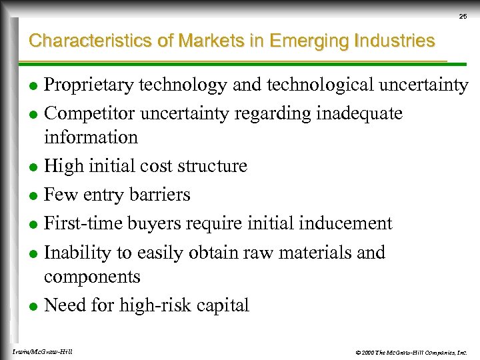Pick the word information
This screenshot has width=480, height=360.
coord(91,137)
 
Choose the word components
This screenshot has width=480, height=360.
coord(92,277)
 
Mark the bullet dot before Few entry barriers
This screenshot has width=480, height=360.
coord(34,195)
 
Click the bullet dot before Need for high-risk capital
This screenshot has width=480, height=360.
coord(34,306)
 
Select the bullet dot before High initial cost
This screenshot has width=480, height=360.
coord(34,166)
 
